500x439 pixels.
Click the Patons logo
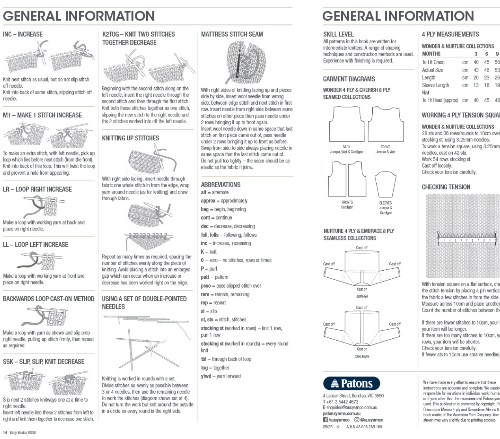pyautogui.click(x=351, y=383)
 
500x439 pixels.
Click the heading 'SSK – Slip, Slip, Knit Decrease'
pyautogui.click(x=44, y=362)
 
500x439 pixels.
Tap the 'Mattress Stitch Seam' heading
pyautogui.click(x=232, y=34)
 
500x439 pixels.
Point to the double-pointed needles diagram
pyautogui.click(x=146, y=342)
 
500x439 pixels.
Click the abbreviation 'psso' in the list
pyautogui.click(x=206, y=286)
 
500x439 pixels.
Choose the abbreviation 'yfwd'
pyautogui.click(x=206, y=376)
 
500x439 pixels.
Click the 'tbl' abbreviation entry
pyautogui.click(x=204, y=359)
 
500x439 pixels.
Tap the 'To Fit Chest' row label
pyautogui.click(x=433, y=62)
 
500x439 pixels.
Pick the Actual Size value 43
pyautogui.click(x=476, y=70)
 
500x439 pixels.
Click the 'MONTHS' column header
pyautogui.click(x=431, y=54)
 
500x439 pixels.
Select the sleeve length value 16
pyautogui.click(x=487, y=85)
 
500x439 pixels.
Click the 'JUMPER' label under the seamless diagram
pyautogui.click(x=362, y=296)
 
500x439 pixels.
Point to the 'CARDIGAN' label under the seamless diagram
pyautogui.click(x=362, y=356)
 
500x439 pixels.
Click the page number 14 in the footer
pyautogui.click(x=5, y=432)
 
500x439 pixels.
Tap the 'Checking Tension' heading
pyautogui.click(x=446, y=187)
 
